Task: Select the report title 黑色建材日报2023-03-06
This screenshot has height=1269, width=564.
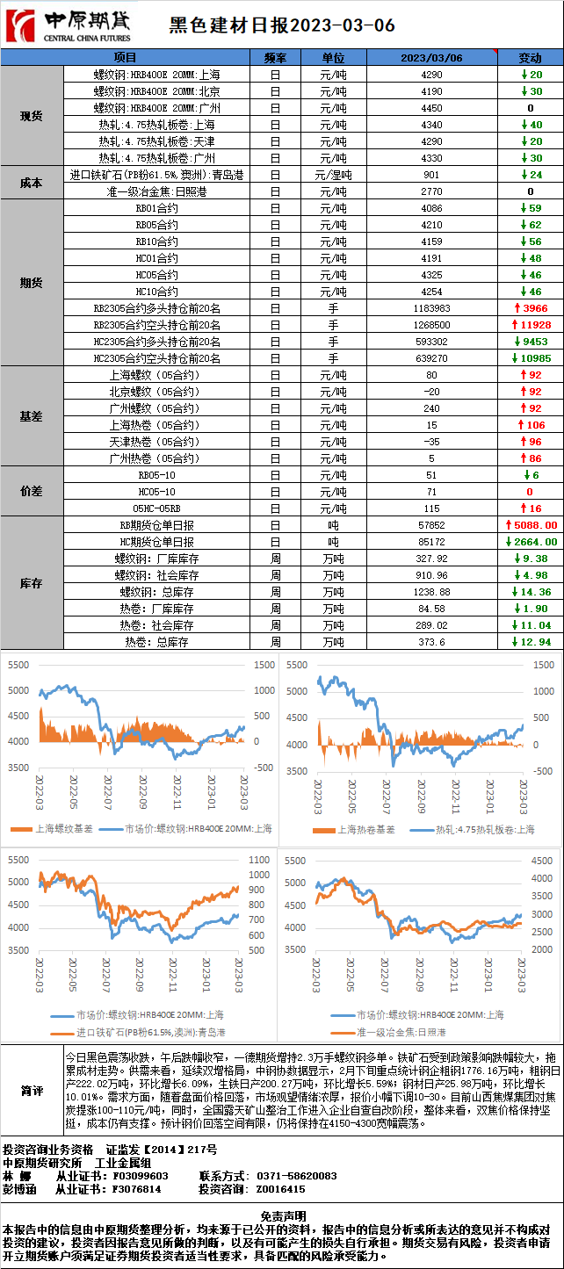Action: (x=281, y=25)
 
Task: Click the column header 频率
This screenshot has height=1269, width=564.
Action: (x=275, y=57)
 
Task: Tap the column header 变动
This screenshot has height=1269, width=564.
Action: (x=531, y=57)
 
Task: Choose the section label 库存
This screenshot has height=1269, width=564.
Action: (x=32, y=583)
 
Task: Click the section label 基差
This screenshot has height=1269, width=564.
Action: (x=32, y=416)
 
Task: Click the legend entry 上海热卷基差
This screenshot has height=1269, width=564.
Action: (x=368, y=829)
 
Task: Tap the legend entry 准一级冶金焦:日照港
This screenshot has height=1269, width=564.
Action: (x=401, y=1032)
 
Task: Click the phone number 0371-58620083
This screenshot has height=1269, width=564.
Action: (x=296, y=1175)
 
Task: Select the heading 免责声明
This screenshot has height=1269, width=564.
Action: (x=283, y=1215)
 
